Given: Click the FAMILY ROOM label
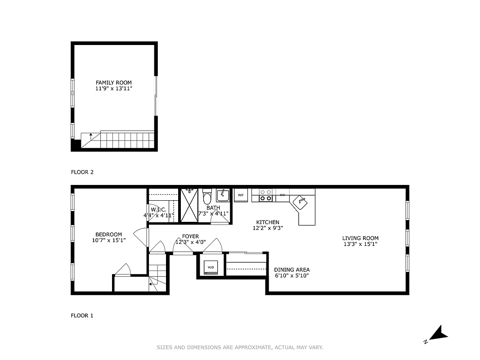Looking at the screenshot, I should (x=113, y=83).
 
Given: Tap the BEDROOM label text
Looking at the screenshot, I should (x=108, y=234).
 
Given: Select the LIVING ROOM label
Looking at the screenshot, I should (x=360, y=238).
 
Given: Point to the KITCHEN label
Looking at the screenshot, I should (x=268, y=222).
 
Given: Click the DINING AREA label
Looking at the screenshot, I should (x=292, y=270).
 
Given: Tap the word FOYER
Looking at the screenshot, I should (x=190, y=237).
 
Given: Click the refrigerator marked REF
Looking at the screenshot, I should (x=241, y=195).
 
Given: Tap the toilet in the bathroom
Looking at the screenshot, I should (x=207, y=198).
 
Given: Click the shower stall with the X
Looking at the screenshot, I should (x=189, y=206).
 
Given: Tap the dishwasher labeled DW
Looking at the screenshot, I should (x=283, y=195).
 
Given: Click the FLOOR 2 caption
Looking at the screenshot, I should (x=82, y=172).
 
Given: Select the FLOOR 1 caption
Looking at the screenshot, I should (x=82, y=316).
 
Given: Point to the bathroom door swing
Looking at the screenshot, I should (x=219, y=219).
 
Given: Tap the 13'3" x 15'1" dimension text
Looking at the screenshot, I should (x=360, y=244).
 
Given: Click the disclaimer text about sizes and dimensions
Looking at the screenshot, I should (x=240, y=347).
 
